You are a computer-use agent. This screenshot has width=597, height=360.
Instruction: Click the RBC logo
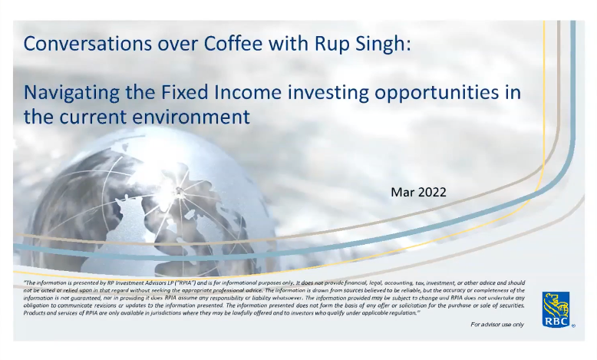(x=556, y=309)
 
